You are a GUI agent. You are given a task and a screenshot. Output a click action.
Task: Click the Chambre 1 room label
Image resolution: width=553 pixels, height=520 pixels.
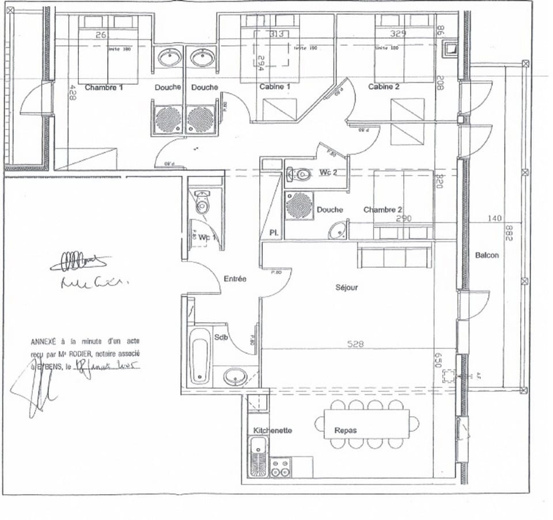coord(104,88)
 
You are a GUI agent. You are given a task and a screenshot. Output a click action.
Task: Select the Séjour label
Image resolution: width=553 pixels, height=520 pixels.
coord(347,287)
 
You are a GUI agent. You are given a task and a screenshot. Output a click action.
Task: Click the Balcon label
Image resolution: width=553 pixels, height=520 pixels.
coord(487,255)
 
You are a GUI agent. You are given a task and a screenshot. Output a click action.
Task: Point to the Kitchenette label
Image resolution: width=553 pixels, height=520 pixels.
coord(272,431)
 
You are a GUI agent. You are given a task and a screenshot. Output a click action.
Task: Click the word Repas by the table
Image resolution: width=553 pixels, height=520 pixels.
coord(346,431)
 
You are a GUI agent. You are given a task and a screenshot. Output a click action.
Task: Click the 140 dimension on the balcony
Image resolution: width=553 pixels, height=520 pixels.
coord(494,218)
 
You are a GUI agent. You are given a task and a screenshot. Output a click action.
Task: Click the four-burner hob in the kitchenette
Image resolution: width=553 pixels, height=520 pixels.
coord(280,468)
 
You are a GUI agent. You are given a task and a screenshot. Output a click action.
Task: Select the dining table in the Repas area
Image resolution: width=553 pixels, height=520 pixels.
coord(366,425)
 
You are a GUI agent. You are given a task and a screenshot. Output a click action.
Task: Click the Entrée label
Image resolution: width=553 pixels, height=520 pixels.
coord(234,279)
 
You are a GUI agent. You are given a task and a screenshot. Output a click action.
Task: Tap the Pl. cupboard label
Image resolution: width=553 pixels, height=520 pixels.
coord(274,233)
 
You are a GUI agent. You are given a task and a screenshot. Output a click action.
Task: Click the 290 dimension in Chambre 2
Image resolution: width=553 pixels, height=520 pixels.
coord(403,219)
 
